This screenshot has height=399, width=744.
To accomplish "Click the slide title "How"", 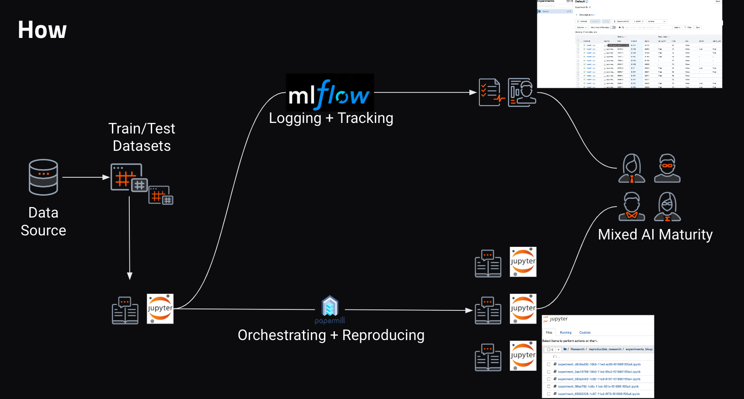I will point(42,30).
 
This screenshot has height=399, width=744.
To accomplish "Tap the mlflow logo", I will point(329,94).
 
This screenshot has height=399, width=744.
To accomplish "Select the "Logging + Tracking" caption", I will point(331,118).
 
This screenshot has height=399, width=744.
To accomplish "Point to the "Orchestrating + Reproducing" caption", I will point(331,335).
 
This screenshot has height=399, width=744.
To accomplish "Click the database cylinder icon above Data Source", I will point(43,177).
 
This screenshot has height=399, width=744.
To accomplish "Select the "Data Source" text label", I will point(43,222).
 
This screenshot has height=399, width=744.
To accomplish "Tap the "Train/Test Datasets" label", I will point(142,137).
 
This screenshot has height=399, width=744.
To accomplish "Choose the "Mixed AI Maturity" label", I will point(655,234).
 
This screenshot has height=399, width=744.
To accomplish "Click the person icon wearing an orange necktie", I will point(632,169).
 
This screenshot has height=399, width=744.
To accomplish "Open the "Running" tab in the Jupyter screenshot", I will point(565,333).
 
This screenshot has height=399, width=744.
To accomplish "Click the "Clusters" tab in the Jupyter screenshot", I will point(585,333).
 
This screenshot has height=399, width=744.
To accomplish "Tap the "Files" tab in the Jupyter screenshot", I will point(549,333).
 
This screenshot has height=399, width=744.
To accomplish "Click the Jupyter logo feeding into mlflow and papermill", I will point(160,309).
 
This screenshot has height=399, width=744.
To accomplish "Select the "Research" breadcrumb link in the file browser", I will point(577,349).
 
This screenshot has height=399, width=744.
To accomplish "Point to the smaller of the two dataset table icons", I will point(161,195).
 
